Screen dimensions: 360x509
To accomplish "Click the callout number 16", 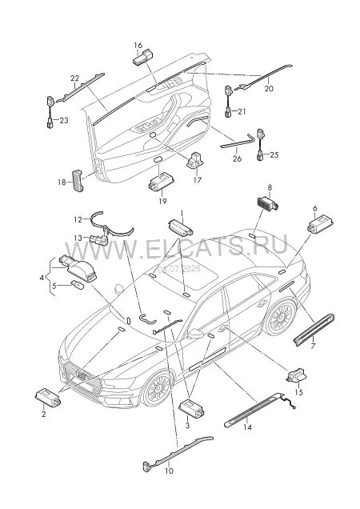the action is coord(138,45).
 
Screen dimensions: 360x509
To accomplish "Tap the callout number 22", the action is coord(74,78).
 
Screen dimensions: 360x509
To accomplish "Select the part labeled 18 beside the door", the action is coord(78,181).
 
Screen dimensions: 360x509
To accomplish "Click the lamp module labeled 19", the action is coord(162,182).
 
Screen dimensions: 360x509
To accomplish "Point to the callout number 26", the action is coord(238,158).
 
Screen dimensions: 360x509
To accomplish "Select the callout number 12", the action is coord(78,220).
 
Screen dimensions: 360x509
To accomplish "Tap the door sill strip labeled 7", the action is coord(314,328).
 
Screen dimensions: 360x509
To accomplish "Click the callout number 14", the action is coord(247,427).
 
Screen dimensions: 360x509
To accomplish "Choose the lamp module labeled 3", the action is coord(191,407).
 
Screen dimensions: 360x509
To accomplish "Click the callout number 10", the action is coord(169,471).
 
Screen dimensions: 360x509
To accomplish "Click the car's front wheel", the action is coord(157,389).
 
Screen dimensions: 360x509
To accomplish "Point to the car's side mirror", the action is coord(195,334).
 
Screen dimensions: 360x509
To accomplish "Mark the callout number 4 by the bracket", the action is coord(42,278).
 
